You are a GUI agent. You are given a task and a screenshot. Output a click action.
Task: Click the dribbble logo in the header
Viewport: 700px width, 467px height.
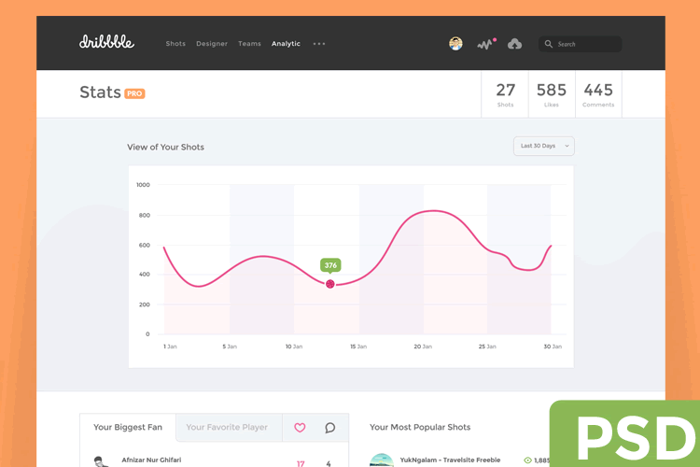tap(106, 42)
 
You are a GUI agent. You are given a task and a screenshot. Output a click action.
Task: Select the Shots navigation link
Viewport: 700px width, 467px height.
tap(175, 44)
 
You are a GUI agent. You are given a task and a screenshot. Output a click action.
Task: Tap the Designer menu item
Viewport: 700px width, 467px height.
tap(212, 44)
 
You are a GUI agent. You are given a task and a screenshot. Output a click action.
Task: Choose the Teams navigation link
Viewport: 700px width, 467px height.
tap(249, 44)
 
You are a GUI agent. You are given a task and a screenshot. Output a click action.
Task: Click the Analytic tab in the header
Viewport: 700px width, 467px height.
tap(286, 44)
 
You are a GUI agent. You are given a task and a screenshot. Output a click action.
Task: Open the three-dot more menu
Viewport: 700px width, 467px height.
tap(319, 44)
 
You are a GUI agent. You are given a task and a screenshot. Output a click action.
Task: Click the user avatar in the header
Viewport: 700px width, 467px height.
tap(455, 44)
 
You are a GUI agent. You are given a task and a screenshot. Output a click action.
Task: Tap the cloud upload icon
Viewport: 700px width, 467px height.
tap(515, 44)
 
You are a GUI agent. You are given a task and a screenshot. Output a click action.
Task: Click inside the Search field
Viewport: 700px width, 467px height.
tap(583, 44)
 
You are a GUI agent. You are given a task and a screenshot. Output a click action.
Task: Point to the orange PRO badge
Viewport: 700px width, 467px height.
tap(134, 93)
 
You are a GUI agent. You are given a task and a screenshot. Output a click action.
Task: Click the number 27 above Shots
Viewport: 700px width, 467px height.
tap(505, 91)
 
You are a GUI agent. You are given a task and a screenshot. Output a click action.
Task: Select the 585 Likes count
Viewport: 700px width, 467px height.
tap(552, 91)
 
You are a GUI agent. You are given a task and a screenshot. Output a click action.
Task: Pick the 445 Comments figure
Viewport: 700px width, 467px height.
tap(598, 91)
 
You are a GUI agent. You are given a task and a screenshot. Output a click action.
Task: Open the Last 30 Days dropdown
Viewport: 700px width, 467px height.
tap(543, 146)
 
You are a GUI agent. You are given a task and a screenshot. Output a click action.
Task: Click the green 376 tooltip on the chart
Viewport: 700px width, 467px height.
tap(330, 265)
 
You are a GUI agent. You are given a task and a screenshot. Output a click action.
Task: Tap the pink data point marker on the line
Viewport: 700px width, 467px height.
tap(330, 284)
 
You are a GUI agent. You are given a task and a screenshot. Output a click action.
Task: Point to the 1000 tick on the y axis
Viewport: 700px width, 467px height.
tap(143, 185)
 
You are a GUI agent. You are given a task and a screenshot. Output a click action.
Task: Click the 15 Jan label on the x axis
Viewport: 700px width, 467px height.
tap(358, 347)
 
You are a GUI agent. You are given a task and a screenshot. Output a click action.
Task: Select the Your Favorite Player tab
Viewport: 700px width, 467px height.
tap(227, 428)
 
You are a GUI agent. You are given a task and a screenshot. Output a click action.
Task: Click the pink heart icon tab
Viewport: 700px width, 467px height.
tap(300, 428)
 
